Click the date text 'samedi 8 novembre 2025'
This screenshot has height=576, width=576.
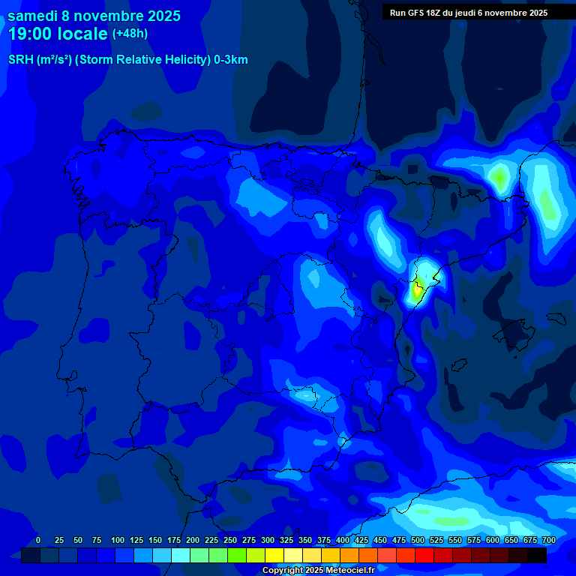click(94, 16)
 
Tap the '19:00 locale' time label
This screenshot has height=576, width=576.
click(58, 34)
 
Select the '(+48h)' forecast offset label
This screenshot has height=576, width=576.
click(130, 34)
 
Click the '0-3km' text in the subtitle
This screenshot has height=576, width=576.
click(231, 60)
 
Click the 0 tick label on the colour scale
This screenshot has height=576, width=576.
click(38, 541)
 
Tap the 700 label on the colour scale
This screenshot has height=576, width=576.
click(548, 541)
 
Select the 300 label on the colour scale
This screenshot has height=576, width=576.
click(268, 541)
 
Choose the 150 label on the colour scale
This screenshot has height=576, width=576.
click(155, 541)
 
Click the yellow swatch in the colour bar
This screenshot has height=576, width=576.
click(274, 556)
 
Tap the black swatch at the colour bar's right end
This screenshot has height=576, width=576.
click(537, 556)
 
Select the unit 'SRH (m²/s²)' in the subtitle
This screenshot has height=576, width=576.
click(39, 60)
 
